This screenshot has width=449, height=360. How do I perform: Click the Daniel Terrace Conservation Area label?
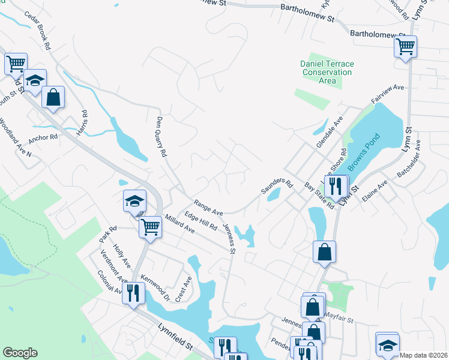point(327,72)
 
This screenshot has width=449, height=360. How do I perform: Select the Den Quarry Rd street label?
point(161,137)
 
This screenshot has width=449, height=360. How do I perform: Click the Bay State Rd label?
point(319,196)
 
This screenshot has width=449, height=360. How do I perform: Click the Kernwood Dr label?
point(155,287)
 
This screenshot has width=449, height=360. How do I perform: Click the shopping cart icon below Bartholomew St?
point(406,46)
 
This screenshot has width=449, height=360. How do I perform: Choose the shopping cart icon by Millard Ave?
point(149,227)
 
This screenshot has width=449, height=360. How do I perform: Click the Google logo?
point(20,353)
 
